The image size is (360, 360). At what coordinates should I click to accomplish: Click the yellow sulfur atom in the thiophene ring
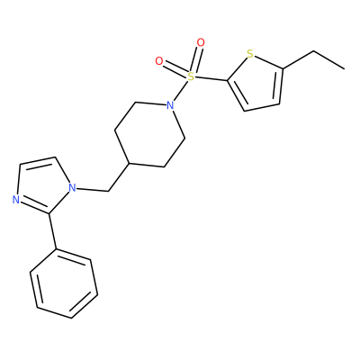coord(250,54)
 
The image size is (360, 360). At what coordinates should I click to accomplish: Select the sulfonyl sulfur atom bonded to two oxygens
coord(191,76)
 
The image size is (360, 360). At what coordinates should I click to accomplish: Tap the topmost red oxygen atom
coord(201,43)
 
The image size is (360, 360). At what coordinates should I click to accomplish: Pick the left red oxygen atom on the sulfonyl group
coord(159,61)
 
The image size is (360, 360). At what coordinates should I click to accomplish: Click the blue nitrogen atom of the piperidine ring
coord(170,105)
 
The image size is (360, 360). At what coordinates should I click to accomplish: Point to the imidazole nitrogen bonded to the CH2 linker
coord(72,188)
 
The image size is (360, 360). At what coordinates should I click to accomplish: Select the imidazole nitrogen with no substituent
coord(16,200)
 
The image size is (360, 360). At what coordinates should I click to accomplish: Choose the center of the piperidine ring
coord(149,134)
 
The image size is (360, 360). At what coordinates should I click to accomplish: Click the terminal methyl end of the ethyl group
coord(344,69)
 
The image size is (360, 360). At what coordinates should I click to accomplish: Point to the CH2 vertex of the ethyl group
coord(314,51)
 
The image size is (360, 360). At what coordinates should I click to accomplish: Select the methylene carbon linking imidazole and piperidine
coord(108,191)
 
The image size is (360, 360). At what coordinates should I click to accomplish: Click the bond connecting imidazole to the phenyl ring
coord(52,231)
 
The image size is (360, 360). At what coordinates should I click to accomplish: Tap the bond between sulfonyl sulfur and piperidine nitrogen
coord(182,90)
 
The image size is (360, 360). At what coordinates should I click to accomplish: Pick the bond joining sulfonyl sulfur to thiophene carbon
coord(211,79)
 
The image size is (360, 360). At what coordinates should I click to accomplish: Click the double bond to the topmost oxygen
coord(196,59)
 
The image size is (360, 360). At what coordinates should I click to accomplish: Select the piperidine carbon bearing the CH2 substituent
coord(129,164)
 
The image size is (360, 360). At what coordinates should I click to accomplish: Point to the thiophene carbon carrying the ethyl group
coord(283,68)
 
